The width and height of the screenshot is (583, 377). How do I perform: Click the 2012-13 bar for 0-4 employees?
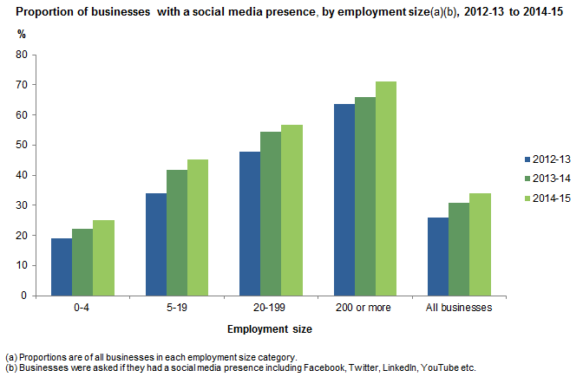click(x=62, y=267)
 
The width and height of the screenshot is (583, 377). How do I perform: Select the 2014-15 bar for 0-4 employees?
click(x=103, y=257)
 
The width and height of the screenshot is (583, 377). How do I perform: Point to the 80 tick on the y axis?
click(x=22, y=55)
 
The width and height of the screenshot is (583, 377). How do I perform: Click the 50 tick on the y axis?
click(x=22, y=145)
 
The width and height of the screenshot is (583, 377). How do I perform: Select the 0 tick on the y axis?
click(x=24, y=296)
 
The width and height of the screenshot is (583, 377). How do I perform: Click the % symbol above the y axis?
click(x=23, y=32)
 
